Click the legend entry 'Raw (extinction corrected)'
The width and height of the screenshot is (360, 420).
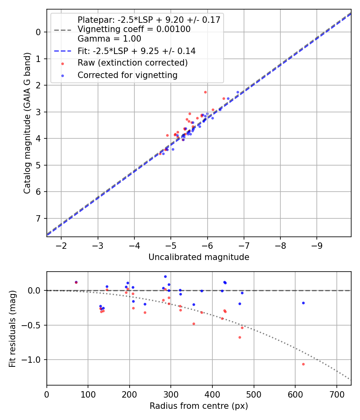click(132, 63)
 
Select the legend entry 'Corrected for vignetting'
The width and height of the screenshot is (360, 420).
click(128, 75)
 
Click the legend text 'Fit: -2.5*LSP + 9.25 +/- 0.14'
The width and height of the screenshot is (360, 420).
click(136, 51)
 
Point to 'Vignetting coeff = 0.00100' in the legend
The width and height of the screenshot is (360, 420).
click(134, 29)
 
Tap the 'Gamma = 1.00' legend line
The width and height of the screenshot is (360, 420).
click(109, 39)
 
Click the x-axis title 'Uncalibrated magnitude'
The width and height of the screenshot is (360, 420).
click(199, 257)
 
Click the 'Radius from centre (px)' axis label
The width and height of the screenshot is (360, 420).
click(199, 406)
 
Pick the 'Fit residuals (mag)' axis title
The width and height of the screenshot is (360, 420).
click(12, 328)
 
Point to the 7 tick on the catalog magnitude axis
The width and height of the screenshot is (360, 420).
click(39, 218)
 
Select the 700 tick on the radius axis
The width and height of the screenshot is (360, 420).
click(336, 394)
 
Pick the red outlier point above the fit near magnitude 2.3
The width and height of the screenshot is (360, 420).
click(205, 92)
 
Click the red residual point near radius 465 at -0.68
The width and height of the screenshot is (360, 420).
click(240, 337)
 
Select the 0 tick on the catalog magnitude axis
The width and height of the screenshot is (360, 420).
click(39, 32)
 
